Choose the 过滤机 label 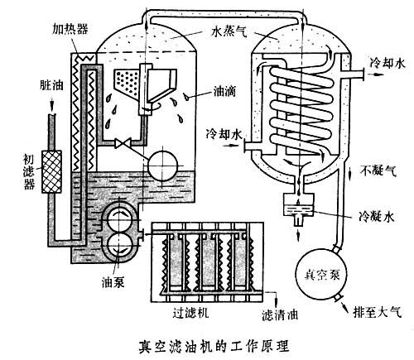(181, 317)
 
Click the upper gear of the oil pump (113, 218)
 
